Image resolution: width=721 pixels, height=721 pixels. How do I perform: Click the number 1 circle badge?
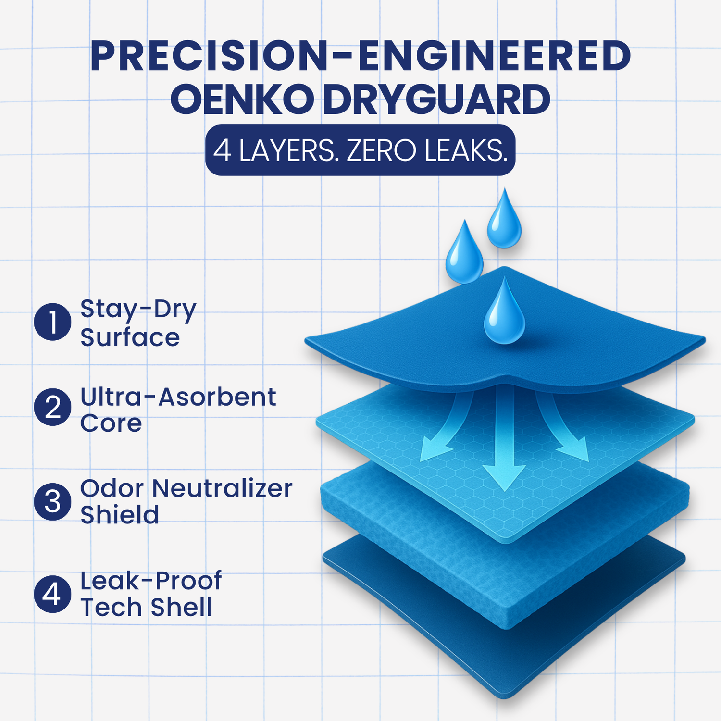[x=53, y=322]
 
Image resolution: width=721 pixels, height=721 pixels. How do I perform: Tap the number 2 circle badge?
[x=53, y=407]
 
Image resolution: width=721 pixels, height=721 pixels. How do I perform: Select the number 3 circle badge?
[x=53, y=502]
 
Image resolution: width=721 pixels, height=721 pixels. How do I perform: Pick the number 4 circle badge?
[x=53, y=594]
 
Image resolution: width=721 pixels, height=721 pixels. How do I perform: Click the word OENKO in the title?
[x=242, y=99]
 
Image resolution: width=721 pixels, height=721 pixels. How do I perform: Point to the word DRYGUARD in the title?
[x=437, y=99]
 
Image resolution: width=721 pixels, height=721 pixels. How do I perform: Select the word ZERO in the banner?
[x=381, y=150]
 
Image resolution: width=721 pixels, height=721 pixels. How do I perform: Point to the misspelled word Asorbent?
[x=217, y=397]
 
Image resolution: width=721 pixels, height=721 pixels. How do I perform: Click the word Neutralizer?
[x=222, y=488]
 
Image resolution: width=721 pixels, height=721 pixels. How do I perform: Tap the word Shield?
[x=120, y=515]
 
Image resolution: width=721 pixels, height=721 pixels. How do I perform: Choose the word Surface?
[x=130, y=337]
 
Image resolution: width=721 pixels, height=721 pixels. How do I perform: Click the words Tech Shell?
[x=146, y=607]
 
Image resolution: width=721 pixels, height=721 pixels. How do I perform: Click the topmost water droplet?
[x=504, y=218]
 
